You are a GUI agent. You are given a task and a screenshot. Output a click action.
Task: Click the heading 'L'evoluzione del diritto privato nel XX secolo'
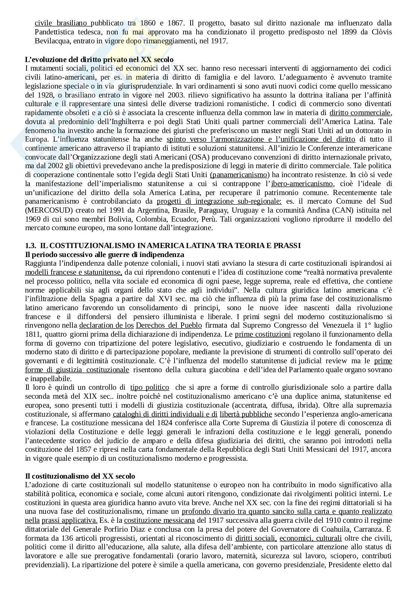coord(99,59)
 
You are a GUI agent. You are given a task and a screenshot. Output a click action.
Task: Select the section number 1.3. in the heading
coord(30,245)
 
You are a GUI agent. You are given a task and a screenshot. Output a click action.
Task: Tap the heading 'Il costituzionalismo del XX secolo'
coord(80,476)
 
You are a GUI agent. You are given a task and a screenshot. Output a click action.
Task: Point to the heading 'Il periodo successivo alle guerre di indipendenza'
coord(105,254)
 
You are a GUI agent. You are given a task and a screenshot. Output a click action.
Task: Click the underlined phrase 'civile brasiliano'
coord(62,22)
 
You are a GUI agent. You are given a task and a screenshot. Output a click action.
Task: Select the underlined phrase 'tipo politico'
coord(149,387)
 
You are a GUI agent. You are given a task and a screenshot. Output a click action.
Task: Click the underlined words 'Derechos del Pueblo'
coord(169,325)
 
